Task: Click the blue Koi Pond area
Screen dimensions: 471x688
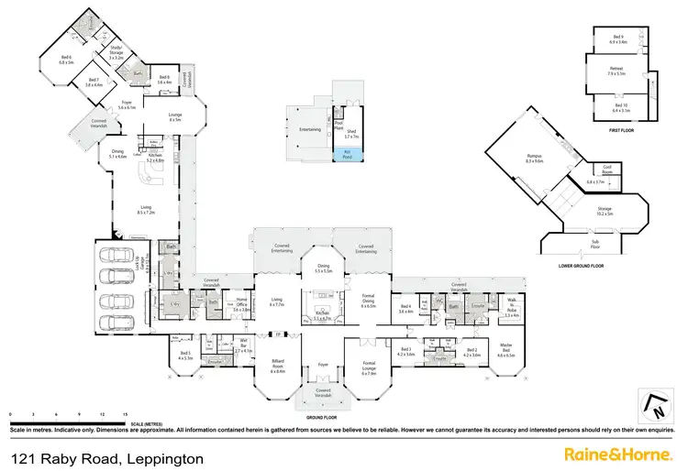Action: pyautogui.click(x=348, y=155)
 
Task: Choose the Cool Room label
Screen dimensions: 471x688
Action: pyautogui.click(x=606, y=168)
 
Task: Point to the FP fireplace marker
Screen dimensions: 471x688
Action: pyautogui.click(x=278, y=334)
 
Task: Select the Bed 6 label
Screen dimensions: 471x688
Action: pyautogui.click(x=65, y=60)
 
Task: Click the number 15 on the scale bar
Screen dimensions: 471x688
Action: pyautogui.click(x=123, y=414)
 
